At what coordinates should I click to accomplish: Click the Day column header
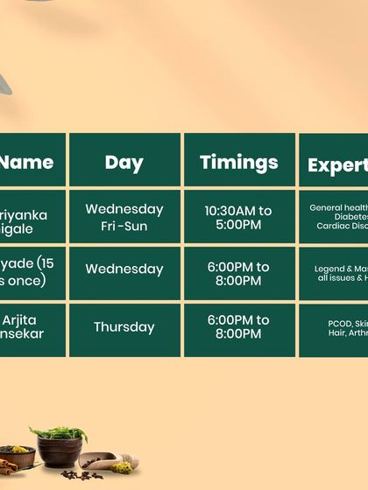click(124, 161)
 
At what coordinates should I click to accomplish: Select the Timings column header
click(239, 161)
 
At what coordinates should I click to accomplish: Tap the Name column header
click(32, 161)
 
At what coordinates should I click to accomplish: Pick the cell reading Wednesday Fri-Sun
click(124, 217)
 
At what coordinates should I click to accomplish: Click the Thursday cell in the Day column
click(124, 327)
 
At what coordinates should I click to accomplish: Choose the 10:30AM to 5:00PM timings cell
click(239, 217)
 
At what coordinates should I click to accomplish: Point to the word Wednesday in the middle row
click(124, 269)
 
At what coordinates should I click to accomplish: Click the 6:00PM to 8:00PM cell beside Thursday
click(239, 327)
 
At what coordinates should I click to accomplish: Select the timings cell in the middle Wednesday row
click(239, 273)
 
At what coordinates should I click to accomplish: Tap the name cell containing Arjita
click(32, 327)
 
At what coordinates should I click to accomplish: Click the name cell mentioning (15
click(32, 273)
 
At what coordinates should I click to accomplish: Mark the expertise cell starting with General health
click(335, 217)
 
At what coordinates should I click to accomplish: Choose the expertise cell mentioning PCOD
click(335, 327)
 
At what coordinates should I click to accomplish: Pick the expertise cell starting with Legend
click(335, 273)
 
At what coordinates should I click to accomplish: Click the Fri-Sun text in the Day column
click(124, 226)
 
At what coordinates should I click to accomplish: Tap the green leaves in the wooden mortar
click(59, 434)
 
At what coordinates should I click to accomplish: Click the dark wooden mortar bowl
click(60, 453)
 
